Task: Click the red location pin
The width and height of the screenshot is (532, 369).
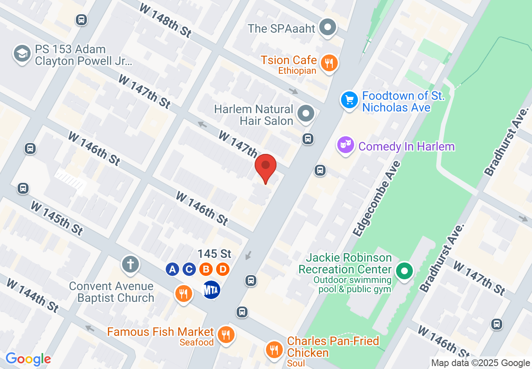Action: pos(266,166)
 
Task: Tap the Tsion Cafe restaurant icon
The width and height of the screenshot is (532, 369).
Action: pos(329,63)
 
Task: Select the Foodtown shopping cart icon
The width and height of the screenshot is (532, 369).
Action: pos(349,100)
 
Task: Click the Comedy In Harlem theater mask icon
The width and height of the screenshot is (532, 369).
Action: pos(346,145)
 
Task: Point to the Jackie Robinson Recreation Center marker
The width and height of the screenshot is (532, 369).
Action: pos(404,270)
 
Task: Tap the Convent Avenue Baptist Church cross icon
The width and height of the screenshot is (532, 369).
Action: pos(130,265)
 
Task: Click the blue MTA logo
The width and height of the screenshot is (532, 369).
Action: pos(211,290)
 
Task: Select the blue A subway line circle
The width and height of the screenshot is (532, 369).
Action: pos(172,269)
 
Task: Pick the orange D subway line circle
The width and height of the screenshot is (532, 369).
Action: pos(223,269)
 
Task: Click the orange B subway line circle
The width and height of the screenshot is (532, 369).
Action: pos(206,269)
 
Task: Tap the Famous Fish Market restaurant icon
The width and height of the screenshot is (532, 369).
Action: pos(226,335)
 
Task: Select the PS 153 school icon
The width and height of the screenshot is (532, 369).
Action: pos(21,54)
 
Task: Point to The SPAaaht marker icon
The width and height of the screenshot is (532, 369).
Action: pos(328,28)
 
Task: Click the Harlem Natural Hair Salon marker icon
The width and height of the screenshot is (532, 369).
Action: pos(305,114)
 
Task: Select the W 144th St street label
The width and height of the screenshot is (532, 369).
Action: pos(32,294)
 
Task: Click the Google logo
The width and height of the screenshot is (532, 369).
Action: pos(28,359)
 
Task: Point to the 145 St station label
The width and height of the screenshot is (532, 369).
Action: pos(214,254)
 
